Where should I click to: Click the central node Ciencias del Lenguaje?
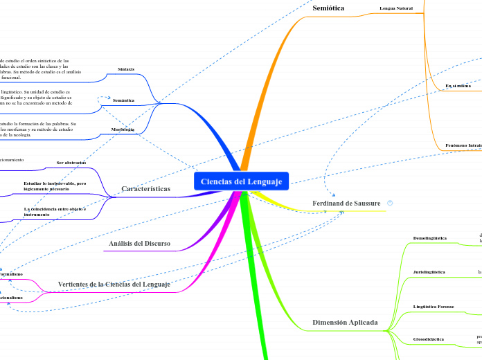[242, 181]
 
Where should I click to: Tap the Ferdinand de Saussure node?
[346, 203]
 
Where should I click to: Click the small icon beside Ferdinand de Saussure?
[391, 203]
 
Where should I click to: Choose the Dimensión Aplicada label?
[345, 322]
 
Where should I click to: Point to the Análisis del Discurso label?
[139, 243]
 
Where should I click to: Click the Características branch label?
[145, 188]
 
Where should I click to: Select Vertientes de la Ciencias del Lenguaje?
[114, 284]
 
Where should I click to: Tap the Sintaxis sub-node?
[126, 69]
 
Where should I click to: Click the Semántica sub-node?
[123, 100]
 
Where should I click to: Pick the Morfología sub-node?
[123, 129]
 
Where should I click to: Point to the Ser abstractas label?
[71, 163]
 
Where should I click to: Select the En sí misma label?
[458, 85]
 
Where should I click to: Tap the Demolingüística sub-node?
[429, 238]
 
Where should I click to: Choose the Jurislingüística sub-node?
[429, 272]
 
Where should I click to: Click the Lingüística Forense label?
[433, 306]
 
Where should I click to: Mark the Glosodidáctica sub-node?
[429, 339]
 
